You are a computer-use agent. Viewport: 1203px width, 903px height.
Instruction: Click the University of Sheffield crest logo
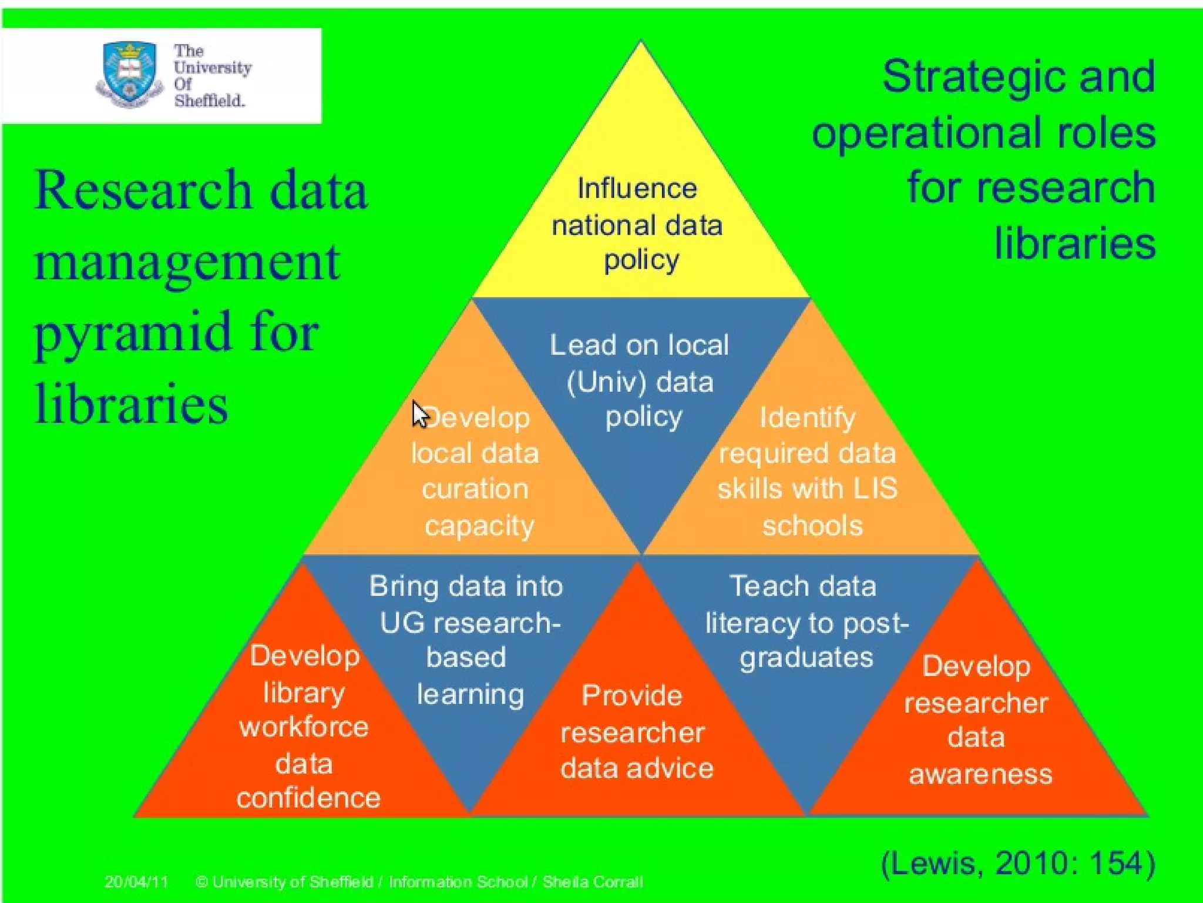tap(129, 74)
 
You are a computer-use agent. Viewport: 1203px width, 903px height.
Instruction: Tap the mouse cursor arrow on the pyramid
tap(419, 414)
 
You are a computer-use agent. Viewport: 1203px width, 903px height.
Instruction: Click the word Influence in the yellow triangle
tap(637, 189)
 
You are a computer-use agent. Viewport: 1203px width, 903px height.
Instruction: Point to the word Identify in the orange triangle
tap(807, 418)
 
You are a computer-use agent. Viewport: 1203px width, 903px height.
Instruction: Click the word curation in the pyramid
tap(475, 489)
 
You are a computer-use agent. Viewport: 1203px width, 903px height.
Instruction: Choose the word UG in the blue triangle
tap(402, 623)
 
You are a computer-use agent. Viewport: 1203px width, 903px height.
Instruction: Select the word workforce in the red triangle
tap(304, 727)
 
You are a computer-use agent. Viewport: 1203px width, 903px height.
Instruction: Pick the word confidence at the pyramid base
tap(308, 798)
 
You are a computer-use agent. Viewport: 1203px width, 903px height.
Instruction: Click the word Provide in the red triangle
tap(632, 695)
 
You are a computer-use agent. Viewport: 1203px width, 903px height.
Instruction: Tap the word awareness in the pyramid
tap(980, 774)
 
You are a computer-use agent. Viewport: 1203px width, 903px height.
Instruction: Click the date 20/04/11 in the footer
tap(136, 882)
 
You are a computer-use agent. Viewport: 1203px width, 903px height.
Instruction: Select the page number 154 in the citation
tap(1115, 864)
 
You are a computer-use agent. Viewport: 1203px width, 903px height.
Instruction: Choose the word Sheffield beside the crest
tap(209, 101)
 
